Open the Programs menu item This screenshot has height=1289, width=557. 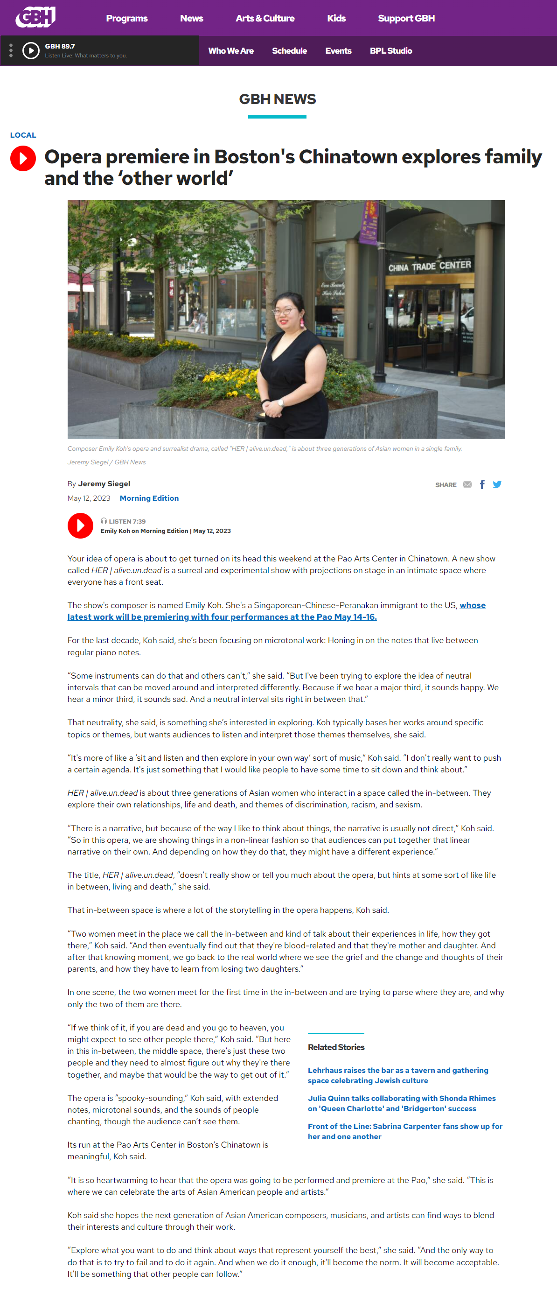(126, 19)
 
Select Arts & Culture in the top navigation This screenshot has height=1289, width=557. (265, 19)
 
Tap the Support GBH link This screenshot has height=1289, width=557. (406, 19)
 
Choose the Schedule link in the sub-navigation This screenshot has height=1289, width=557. (289, 51)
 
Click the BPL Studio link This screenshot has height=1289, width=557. (390, 51)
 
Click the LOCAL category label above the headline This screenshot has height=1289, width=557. (23, 135)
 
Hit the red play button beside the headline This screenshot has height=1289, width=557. (23, 159)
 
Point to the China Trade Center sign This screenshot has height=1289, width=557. (430, 266)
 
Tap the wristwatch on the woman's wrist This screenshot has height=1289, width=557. (280, 402)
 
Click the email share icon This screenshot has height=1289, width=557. (467, 484)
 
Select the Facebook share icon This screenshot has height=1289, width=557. (482, 484)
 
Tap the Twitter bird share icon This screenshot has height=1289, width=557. (497, 484)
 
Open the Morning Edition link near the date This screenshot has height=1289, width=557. (149, 498)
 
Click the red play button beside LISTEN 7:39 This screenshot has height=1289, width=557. (80, 526)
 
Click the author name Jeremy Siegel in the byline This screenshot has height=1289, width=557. (104, 484)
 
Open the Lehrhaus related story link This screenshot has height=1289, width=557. (397, 1075)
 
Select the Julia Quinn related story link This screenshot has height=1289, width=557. (402, 1103)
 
